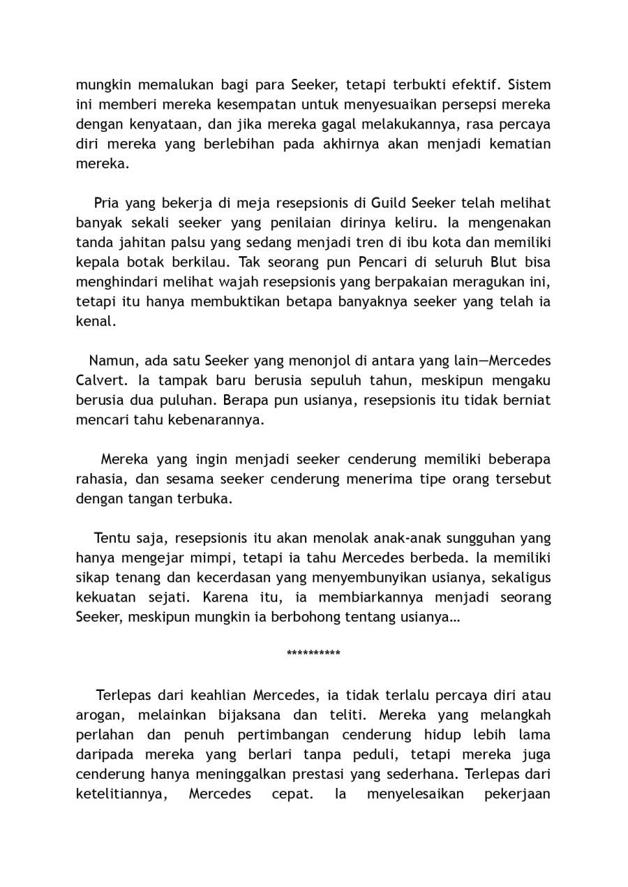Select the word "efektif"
coord(476,85)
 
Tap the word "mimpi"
coord(209,558)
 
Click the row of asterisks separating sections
coord(313,654)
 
